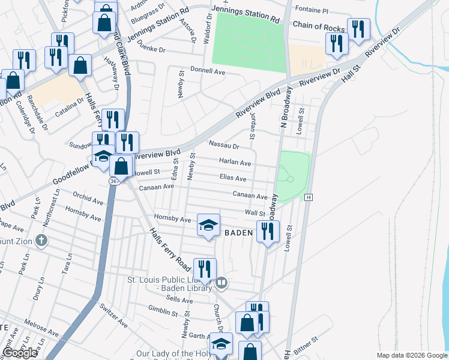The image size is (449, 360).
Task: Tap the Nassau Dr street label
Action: [224, 145]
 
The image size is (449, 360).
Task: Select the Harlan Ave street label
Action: [235, 163]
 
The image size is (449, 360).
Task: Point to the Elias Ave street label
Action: [233, 179]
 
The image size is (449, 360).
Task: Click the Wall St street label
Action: [255, 213]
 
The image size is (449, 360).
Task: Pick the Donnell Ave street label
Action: [207, 71]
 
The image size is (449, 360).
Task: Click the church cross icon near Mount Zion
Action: [41, 241]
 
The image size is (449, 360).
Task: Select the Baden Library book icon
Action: [221, 282]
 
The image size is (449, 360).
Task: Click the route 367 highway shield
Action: [114, 181]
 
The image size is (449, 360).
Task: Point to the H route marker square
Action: [309, 197]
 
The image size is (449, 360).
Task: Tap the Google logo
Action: [20, 353]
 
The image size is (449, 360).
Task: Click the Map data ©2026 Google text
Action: [412, 355]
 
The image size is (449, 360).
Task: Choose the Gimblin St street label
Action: [163, 313]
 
